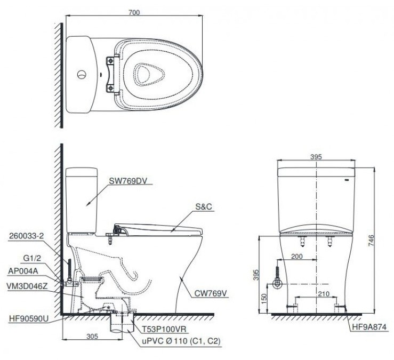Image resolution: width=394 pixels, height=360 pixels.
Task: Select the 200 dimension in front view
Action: pos(297,257)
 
